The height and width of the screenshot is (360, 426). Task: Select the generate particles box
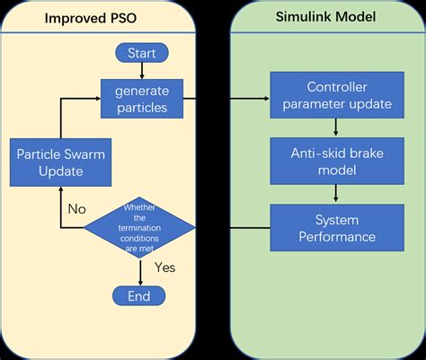pyautogui.click(x=141, y=99)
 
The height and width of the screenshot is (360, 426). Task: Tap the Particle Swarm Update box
pyautogui.click(x=59, y=162)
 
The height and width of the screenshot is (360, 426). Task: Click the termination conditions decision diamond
pyautogui.click(x=139, y=228)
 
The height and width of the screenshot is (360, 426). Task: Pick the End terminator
pyautogui.click(x=139, y=295)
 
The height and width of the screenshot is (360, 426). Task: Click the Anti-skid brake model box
pyautogui.click(x=336, y=162)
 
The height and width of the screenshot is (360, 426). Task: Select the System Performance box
pyautogui.click(x=336, y=228)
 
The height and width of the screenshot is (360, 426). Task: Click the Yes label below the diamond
pyautogui.click(x=165, y=268)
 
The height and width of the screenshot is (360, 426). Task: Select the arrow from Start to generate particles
pyautogui.click(x=141, y=72)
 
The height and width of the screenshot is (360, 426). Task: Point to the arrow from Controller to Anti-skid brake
pyautogui.click(x=336, y=129)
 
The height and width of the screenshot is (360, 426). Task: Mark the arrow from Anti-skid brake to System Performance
pyautogui.click(x=336, y=194)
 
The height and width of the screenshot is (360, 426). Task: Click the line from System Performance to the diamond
pyautogui.click(x=234, y=228)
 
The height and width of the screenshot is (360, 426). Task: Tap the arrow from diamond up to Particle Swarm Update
pyautogui.click(x=59, y=206)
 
